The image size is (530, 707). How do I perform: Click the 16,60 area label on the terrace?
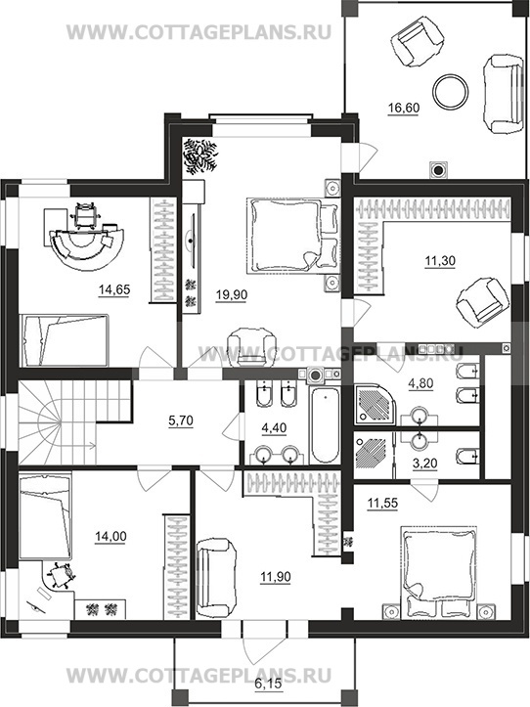(404, 109)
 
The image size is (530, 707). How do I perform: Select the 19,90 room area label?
(232, 295)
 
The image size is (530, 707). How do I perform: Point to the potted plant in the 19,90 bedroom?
(199, 155)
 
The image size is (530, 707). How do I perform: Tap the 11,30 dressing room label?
(440, 261)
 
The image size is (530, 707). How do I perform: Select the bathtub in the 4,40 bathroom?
(324, 425)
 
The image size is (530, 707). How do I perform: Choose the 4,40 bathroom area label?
(274, 427)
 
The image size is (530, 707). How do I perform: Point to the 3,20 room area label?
(424, 464)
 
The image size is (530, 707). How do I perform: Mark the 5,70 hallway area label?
(181, 420)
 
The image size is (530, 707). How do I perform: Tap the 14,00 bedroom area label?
(110, 537)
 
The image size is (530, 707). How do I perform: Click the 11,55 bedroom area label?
(382, 503)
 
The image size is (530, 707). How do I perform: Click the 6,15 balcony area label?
(268, 684)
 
